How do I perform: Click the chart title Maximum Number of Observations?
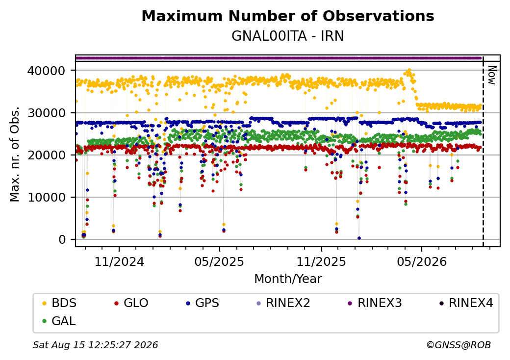(288, 16)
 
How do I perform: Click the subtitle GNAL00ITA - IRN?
(287, 36)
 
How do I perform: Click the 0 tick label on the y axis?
(62, 240)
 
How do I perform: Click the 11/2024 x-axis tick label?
(119, 262)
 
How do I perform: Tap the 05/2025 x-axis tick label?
(219, 262)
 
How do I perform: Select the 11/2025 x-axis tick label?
(321, 262)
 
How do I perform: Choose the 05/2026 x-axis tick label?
(422, 262)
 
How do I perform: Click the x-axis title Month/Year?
(288, 279)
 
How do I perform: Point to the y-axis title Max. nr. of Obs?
(15, 154)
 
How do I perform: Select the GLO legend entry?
(131, 303)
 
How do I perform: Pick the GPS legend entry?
(203, 303)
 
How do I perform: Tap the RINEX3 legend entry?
(375, 303)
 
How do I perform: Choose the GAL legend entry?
(59, 321)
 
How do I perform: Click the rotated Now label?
(492, 75)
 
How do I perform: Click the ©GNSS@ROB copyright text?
(459, 345)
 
